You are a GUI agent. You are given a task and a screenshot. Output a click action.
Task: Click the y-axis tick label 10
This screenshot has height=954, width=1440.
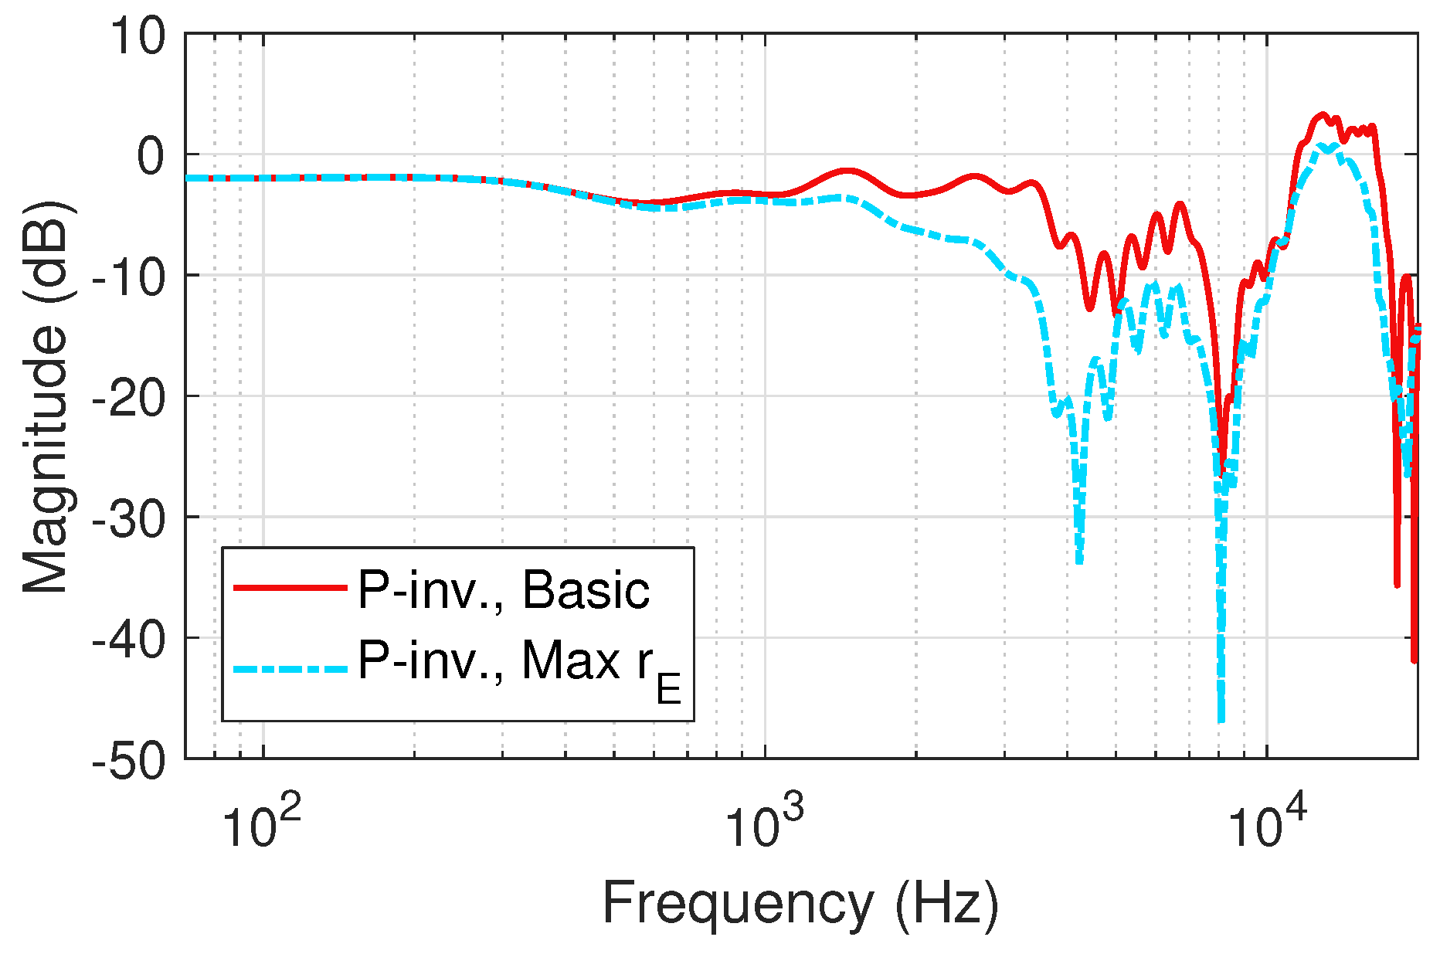pyautogui.click(x=137, y=36)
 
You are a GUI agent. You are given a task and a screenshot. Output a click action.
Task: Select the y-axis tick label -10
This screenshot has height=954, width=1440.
pyautogui.click(x=128, y=277)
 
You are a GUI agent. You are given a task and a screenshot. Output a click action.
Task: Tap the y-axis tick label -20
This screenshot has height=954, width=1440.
pyautogui.click(x=128, y=399)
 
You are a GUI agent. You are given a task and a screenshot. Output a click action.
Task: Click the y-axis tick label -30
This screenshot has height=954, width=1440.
pyautogui.click(x=128, y=519)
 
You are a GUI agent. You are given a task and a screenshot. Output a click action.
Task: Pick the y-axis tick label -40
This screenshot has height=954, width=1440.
pyautogui.click(x=128, y=640)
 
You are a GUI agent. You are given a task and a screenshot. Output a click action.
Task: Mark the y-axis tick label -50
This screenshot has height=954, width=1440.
pyautogui.click(x=128, y=761)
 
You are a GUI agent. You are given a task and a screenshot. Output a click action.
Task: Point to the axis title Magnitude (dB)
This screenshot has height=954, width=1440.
pyautogui.click(x=45, y=397)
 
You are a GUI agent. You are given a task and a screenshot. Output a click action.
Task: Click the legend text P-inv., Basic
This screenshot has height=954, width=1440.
pyautogui.click(x=503, y=591)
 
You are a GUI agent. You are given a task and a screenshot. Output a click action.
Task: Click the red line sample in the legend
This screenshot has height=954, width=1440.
pyautogui.click(x=290, y=589)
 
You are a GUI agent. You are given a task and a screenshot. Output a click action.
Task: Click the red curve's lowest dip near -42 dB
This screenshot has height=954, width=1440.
pyautogui.click(x=1415, y=659)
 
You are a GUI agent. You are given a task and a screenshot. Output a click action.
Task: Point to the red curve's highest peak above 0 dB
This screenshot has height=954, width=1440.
pyautogui.click(x=1323, y=115)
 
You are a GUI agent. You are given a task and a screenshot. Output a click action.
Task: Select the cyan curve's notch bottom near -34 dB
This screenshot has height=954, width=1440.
pyautogui.click(x=1079, y=561)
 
